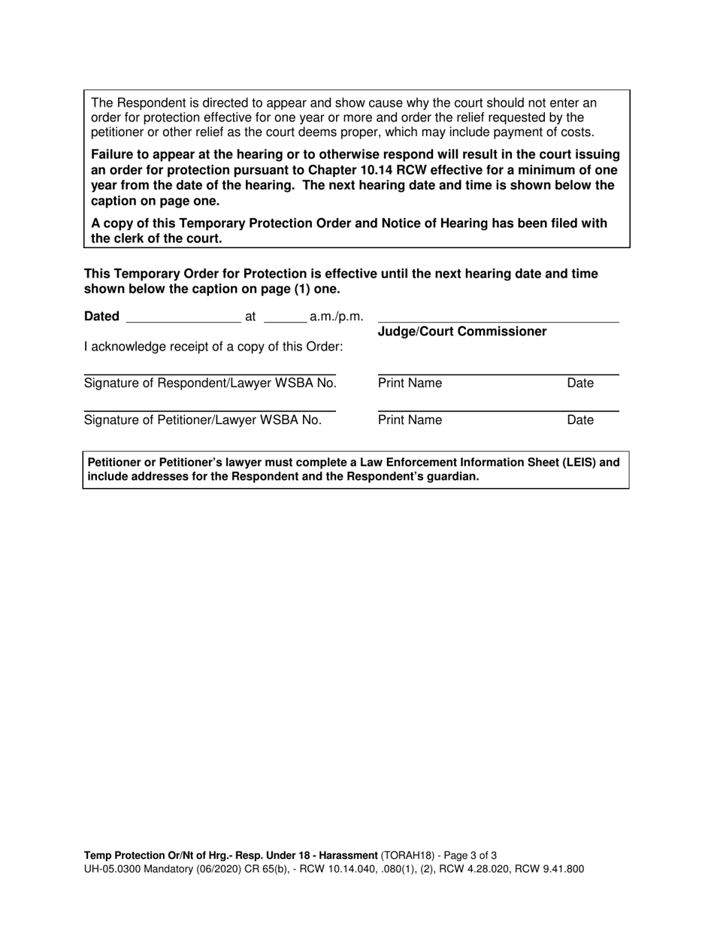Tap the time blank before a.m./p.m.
click(285, 319)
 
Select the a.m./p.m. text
click(336, 317)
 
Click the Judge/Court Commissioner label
click(461, 332)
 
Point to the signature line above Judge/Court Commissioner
click(498, 323)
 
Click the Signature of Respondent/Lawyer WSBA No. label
click(210, 384)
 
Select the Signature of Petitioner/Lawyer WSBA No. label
click(203, 420)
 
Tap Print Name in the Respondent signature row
click(410, 384)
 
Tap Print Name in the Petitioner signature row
click(410, 420)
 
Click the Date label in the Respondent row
click(580, 384)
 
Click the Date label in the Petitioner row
click(580, 420)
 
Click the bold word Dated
click(101, 317)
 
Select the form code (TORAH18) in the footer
click(408, 855)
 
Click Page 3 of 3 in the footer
click(470, 855)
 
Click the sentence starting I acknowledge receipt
click(213, 347)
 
